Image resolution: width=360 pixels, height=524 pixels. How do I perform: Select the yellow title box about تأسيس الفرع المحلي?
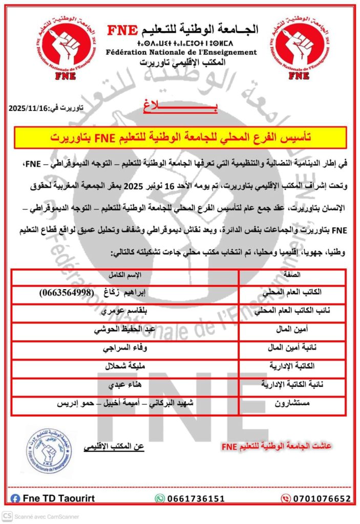[x=181, y=138]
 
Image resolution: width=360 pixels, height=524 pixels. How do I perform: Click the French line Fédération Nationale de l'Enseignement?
[x=182, y=52]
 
